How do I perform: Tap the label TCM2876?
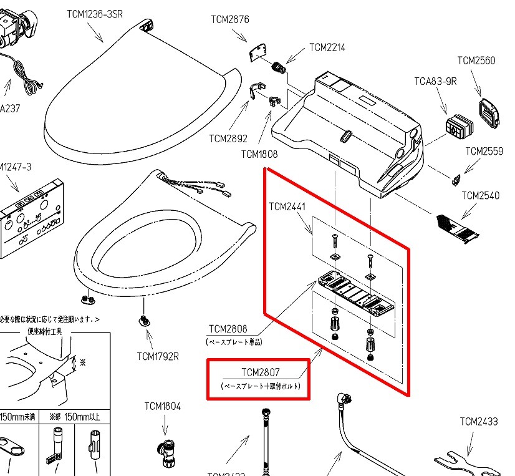(x=230, y=19)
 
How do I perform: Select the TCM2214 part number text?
(x=327, y=47)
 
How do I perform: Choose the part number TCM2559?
(x=484, y=151)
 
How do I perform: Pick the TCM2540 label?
(x=480, y=196)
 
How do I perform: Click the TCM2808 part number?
(x=228, y=329)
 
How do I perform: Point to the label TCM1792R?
(x=158, y=357)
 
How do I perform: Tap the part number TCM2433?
(x=479, y=422)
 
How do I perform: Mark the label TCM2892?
(x=228, y=138)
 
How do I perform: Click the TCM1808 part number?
(x=259, y=154)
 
